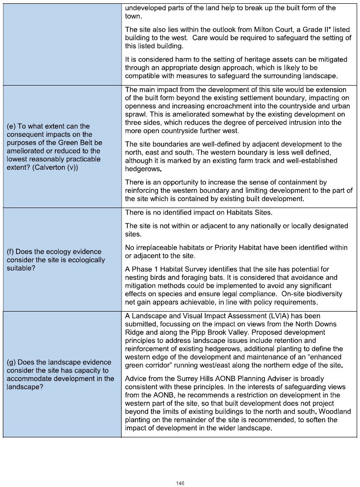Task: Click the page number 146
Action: (180, 483)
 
